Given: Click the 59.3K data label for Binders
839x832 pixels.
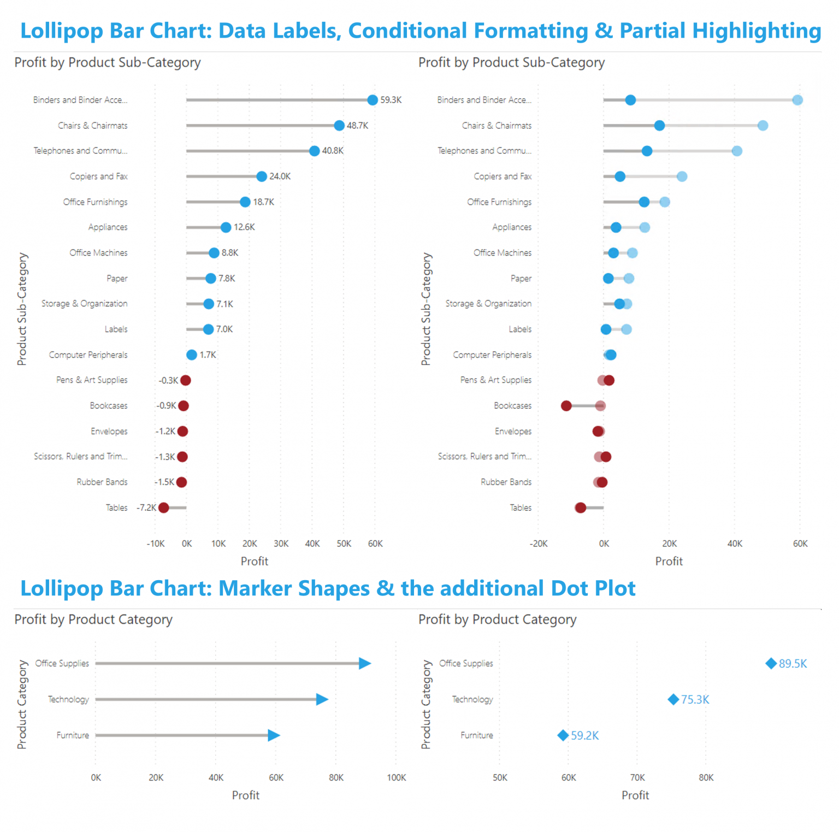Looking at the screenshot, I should pos(391,100).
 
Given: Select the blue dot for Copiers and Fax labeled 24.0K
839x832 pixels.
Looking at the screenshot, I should pos(262,176).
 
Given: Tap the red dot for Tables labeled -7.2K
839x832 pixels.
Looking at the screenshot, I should pos(163,508).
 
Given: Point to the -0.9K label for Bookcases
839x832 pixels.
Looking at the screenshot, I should pos(166,406).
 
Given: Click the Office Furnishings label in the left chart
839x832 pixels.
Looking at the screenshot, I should pos(95,202).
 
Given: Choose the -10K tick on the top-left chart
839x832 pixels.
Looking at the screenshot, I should pos(156,544).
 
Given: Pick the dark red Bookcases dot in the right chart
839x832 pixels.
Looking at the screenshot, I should pos(566,406).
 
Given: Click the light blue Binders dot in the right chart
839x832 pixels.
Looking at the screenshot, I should pos(797,100).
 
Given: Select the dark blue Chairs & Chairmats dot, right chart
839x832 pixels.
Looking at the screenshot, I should pos(659,126).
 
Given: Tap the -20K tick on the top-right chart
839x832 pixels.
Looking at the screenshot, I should pos(539,544).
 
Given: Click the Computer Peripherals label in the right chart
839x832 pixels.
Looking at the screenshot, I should pos(492,355).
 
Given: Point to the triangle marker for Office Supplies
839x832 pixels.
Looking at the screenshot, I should pos(365,663).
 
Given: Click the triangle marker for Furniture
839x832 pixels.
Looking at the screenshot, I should pos(274,735).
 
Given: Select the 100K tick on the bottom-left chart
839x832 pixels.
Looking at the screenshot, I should pos(396,777).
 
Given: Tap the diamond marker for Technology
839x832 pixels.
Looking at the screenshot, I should pos(673,699).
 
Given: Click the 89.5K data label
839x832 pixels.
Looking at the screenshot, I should pos(793,664).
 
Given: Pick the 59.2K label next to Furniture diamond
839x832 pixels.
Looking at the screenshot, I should pos(584,736).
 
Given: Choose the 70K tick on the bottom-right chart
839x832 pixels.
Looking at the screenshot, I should pos(637,777).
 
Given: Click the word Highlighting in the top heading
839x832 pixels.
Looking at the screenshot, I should pos(757,31).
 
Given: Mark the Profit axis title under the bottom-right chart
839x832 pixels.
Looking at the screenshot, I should pos(635,795).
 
